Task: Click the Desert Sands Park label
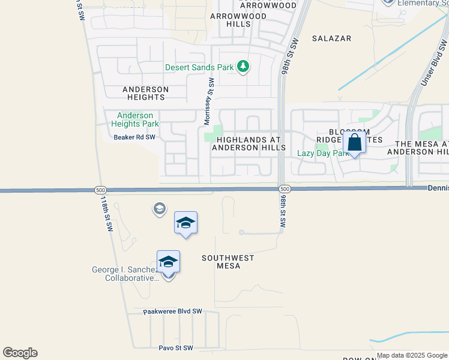tap(199, 67)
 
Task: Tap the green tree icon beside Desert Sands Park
tap(243, 66)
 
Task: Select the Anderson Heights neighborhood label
tap(145, 93)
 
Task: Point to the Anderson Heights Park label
tap(135, 119)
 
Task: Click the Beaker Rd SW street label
tap(134, 137)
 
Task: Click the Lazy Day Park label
tap(323, 154)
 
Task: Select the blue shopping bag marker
tap(355, 144)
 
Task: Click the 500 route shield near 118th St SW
tap(100, 190)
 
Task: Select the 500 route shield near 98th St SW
tap(285, 189)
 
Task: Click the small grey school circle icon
tap(159, 209)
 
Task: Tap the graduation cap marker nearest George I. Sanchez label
tap(168, 263)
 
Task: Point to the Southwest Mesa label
tap(228, 262)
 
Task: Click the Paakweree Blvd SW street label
tap(173, 312)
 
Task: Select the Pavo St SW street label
tap(176, 348)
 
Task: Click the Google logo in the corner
tap(20, 353)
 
